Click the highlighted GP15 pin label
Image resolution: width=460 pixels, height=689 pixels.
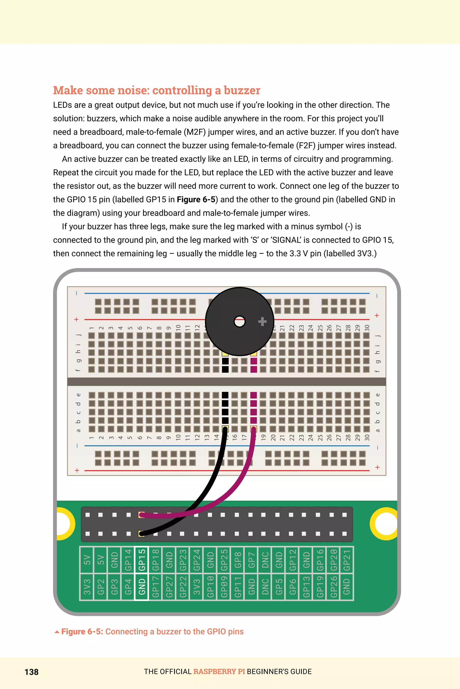coord(142,560)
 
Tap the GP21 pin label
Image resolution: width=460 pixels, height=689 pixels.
coord(347,560)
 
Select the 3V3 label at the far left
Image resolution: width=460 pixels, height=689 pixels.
coord(87,587)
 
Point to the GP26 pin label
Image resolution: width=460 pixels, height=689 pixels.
coord(334,587)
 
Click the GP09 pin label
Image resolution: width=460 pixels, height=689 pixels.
coord(224,587)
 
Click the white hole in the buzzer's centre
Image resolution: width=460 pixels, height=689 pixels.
coord(239,322)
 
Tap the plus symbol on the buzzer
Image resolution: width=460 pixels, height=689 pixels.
coord(262,322)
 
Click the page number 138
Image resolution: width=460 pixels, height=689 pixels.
coord(31,672)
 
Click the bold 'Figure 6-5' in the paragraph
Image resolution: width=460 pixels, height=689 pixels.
coord(196,199)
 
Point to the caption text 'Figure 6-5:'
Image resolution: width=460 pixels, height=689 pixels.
coord(82,631)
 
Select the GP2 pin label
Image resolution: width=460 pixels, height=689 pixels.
coord(101,587)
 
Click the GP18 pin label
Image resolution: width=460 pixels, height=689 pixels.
coord(155,560)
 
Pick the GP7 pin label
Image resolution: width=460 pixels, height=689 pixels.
coord(251,560)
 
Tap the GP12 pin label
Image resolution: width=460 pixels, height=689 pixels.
coord(292,560)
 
